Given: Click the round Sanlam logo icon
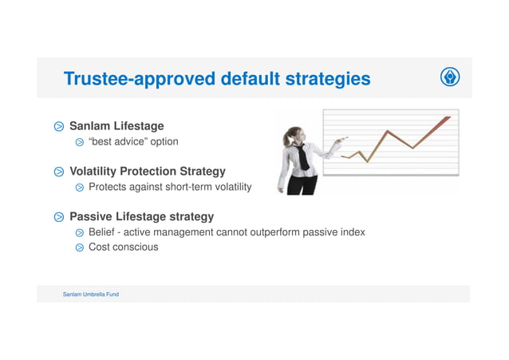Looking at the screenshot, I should tap(450, 77).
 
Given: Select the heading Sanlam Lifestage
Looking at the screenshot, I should tap(116, 126).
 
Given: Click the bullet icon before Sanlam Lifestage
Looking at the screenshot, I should tap(59, 127).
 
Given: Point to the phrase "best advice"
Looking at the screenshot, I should tap(122, 142).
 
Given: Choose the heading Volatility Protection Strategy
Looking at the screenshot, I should tap(148, 172).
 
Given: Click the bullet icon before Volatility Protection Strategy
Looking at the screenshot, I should tap(59, 172).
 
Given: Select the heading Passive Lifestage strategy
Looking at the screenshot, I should tap(141, 217).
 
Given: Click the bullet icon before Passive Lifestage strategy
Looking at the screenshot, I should tap(59, 218).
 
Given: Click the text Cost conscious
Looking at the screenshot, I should tap(123, 247).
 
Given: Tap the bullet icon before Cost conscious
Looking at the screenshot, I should tap(80, 248).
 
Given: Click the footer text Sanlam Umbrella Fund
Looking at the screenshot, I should tap(91, 295).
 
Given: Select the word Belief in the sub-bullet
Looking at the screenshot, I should tap(102, 232).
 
